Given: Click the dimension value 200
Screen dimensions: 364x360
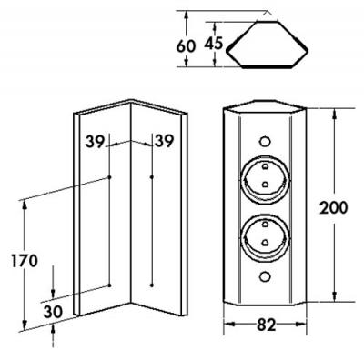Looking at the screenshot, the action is (x=333, y=208).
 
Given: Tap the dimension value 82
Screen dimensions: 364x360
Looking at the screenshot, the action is (x=267, y=325).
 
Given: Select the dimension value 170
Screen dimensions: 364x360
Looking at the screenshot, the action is (x=25, y=261).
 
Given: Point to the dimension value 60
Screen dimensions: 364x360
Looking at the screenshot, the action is (x=186, y=46).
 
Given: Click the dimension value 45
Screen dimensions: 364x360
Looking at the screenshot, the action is (x=214, y=43).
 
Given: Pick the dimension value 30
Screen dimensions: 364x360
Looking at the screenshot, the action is (x=53, y=312).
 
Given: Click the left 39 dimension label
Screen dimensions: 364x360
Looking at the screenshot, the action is (x=95, y=142).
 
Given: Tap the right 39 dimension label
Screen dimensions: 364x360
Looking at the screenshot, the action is (x=164, y=141).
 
